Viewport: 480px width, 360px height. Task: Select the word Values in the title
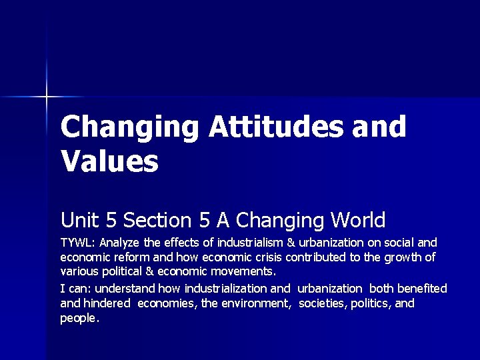pos(109,161)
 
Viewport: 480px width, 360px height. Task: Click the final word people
pos(79,319)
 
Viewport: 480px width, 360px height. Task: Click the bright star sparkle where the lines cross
pos(47,97)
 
